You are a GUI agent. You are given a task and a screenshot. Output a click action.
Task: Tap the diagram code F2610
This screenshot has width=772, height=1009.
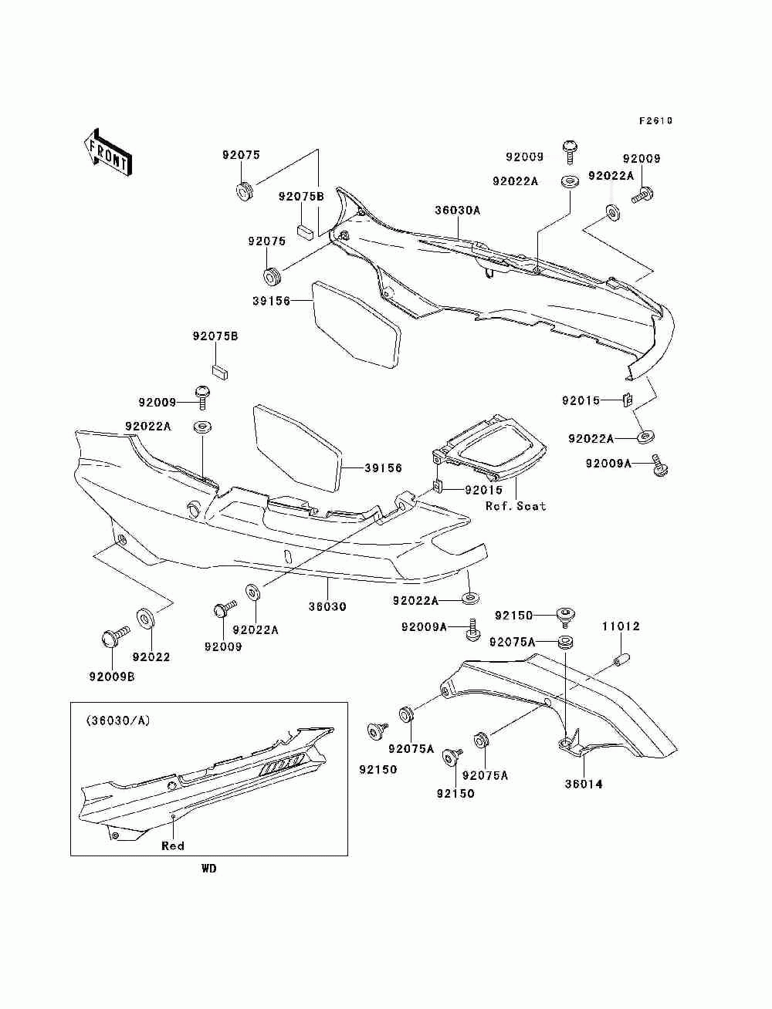tap(655, 121)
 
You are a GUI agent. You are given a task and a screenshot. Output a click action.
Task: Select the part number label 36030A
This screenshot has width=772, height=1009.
tap(457, 210)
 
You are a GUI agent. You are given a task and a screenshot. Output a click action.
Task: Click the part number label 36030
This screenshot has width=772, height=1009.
tap(327, 606)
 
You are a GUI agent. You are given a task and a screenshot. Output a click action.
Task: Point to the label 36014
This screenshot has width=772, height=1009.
tap(584, 785)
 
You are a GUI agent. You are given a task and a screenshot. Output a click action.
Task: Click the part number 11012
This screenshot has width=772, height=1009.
tap(621, 626)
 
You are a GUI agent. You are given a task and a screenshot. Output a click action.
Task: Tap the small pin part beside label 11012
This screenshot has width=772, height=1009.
tap(622, 660)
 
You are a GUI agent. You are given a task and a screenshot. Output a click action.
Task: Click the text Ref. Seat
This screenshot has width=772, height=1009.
tap(515, 506)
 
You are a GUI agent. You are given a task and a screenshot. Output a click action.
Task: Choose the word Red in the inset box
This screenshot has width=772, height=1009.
tap(173, 846)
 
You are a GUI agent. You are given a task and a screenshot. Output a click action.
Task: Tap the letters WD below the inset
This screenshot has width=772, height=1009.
tap(209, 869)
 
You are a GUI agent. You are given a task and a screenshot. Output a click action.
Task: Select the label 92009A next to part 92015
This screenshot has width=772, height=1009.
tap(608, 464)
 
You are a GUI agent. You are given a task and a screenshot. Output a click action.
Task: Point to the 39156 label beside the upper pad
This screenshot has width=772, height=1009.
tap(270, 301)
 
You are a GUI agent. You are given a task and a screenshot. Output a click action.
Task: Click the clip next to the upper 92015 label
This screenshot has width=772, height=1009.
tap(628, 400)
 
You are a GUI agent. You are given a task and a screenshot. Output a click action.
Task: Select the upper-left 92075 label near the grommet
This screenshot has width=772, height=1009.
tap(242, 154)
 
